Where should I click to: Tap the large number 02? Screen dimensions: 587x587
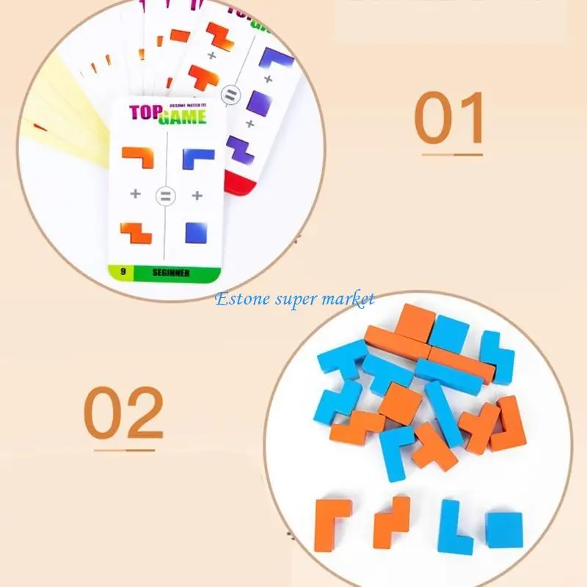(x=123, y=413)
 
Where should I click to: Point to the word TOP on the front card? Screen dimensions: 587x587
(x=145, y=113)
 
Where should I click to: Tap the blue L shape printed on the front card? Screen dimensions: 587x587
(x=199, y=157)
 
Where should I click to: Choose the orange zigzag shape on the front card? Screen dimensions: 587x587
(x=136, y=231)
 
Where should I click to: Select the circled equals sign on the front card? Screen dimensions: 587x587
(x=166, y=196)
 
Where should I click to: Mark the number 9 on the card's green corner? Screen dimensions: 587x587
(x=123, y=272)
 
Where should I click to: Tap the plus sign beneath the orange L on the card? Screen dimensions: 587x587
(x=135, y=194)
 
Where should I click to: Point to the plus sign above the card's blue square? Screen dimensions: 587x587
(x=197, y=195)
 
